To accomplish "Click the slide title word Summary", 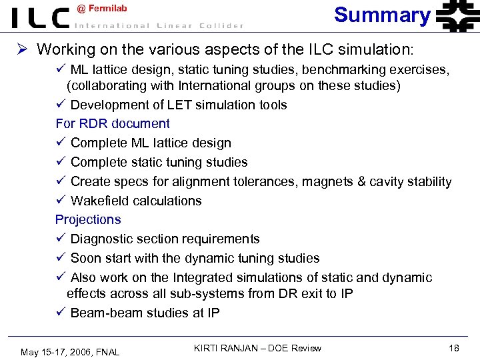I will pyautogui.click(x=382, y=15).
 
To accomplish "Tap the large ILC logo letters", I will pyautogui.click(x=40, y=18).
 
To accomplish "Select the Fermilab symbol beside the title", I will pyautogui.click(x=457, y=16).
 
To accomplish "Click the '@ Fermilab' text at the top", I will pyautogui.click(x=102, y=8).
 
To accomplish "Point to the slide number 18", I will pyautogui.click(x=454, y=348).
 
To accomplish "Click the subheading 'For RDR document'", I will pyautogui.click(x=112, y=123).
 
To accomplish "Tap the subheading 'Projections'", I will pyautogui.click(x=88, y=219).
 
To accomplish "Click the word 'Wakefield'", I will pyautogui.click(x=99, y=201).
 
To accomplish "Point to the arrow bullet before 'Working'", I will pyautogui.click(x=21, y=49).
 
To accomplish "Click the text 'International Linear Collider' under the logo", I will pyautogui.click(x=158, y=26).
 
